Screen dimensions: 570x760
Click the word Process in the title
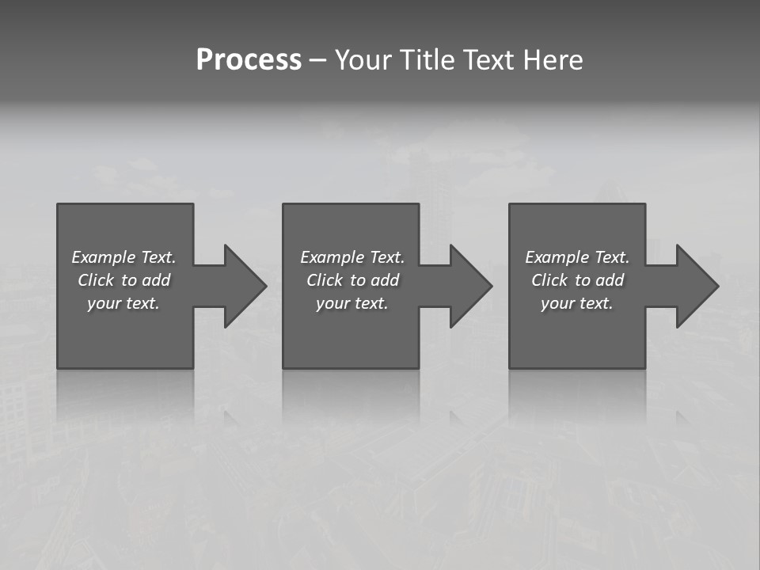click(249, 60)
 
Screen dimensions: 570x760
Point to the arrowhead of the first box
click(245, 286)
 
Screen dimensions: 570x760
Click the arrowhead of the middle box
click(471, 286)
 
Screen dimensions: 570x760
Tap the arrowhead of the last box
click(697, 286)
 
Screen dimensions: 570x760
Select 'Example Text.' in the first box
click(123, 257)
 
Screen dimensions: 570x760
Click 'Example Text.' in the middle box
click(352, 257)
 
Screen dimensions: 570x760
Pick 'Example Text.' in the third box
click(577, 257)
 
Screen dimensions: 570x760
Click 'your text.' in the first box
click(123, 303)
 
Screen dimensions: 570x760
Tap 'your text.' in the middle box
click(352, 303)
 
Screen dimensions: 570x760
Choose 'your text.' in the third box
click(577, 303)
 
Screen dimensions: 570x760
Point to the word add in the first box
click(156, 280)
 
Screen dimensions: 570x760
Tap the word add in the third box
click(610, 280)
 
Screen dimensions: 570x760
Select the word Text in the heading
click(488, 60)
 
